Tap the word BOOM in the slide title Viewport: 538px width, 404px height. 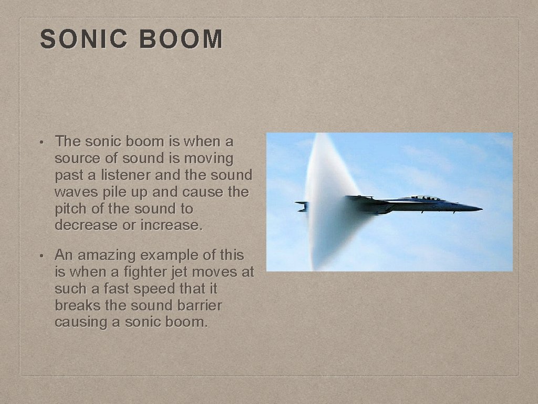click(182, 39)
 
